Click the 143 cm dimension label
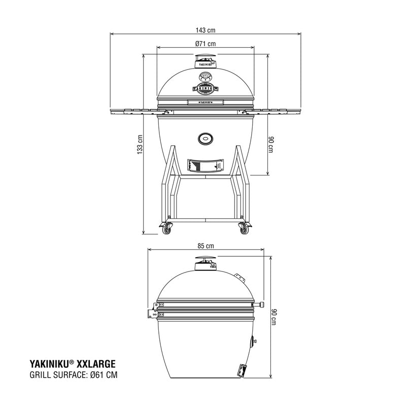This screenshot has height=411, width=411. coord(205,30)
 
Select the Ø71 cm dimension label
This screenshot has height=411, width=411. coord(205,44)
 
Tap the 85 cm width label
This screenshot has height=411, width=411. coord(205,246)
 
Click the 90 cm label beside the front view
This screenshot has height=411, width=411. coord(271,144)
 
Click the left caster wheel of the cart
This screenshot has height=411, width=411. coord(166,230)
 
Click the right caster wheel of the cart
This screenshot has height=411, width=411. coord(244,230)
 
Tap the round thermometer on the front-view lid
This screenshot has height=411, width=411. coord(205,77)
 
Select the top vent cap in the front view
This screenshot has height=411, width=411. coord(205,60)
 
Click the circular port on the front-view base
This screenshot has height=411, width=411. coord(205,138)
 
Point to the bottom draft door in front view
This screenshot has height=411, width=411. coord(205,166)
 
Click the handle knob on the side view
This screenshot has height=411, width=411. coord(261,305)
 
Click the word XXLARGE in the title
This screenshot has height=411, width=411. coord(96,364)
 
